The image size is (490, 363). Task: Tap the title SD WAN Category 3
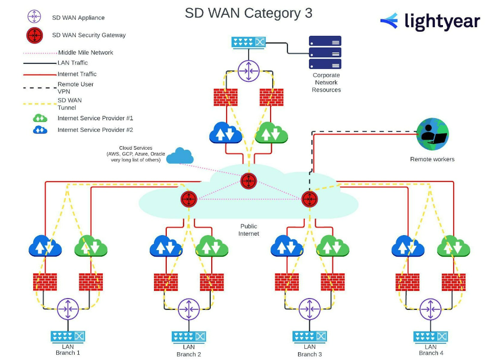pyautogui.click(x=249, y=13)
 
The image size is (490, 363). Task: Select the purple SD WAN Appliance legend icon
pyautogui.click(x=35, y=17)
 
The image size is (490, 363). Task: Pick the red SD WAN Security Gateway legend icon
pyautogui.click(x=35, y=35)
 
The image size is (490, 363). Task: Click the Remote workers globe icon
pyautogui.click(x=432, y=134)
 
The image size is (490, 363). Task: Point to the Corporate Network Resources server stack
pyautogui.click(x=325, y=52)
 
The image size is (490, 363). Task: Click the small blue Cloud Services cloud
pyautogui.click(x=180, y=156)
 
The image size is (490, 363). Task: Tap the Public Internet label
pyautogui.click(x=249, y=230)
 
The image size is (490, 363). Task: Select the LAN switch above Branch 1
pyautogui.click(x=68, y=336)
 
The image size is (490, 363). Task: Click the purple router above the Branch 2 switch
pyautogui.click(x=189, y=308)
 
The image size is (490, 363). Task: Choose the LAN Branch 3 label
pyautogui.click(x=309, y=351)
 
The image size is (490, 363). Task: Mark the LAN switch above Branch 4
pyautogui.click(x=431, y=336)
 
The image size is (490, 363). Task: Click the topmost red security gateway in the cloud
pyautogui.click(x=249, y=180)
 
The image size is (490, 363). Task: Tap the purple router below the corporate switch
pyautogui.click(x=249, y=71)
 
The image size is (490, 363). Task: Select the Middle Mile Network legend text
pyautogui.click(x=85, y=52)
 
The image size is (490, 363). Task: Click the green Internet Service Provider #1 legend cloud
pyautogui.click(x=40, y=118)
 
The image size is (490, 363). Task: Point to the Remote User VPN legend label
pyautogui.click(x=76, y=87)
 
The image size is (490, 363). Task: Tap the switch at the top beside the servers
pyautogui.click(x=249, y=42)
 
